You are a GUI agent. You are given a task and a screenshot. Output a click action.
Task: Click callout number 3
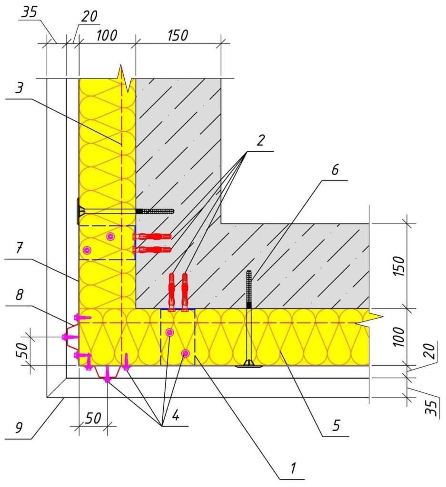point(19,88)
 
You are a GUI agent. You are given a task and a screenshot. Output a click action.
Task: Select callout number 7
point(19,248)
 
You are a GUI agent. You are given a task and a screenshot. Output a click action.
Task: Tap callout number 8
point(19,294)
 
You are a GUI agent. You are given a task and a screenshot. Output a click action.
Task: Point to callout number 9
point(19,428)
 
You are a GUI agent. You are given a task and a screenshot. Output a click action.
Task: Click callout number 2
point(260,140)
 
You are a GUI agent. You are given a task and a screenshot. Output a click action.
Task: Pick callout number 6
point(335,170)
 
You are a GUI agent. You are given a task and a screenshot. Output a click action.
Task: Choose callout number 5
point(337,425)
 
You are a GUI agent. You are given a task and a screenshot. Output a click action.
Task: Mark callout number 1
point(293,468)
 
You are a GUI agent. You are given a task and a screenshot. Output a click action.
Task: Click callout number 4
point(176,415)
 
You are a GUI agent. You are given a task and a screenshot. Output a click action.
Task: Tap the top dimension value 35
point(30,12)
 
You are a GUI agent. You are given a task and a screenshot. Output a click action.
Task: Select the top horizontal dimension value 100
point(107,35)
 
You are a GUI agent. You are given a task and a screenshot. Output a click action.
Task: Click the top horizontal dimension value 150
point(178,35)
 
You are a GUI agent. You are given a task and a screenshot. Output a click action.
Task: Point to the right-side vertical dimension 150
point(399,266)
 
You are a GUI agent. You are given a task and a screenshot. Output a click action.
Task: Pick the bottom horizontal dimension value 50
point(93,419)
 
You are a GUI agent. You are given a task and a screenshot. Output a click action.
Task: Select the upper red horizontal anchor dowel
point(152,236)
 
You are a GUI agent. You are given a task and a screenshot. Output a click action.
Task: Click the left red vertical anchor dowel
point(171,292)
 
